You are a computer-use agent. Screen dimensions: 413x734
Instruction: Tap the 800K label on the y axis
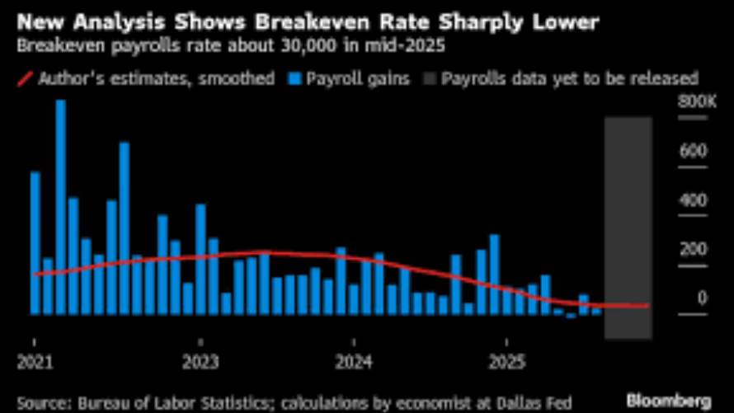(692, 101)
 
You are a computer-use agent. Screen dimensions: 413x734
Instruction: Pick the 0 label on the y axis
(702, 298)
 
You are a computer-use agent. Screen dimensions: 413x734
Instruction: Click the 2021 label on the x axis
(34, 361)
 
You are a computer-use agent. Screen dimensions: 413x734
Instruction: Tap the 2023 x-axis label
(200, 361)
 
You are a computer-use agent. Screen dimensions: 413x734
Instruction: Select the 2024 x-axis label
(353, 361)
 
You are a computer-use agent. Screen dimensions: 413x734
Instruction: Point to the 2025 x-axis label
(506, 361)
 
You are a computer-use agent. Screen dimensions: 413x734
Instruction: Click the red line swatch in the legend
(26, 80)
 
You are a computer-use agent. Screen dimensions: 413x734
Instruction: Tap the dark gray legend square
(430, 80)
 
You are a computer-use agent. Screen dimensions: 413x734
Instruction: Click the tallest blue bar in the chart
(60, 206)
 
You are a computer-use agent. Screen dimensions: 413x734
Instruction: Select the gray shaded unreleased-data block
(628, 227)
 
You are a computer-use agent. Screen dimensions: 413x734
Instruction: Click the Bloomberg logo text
(669, 400)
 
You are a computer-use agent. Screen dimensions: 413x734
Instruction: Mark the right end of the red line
(648, 306)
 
